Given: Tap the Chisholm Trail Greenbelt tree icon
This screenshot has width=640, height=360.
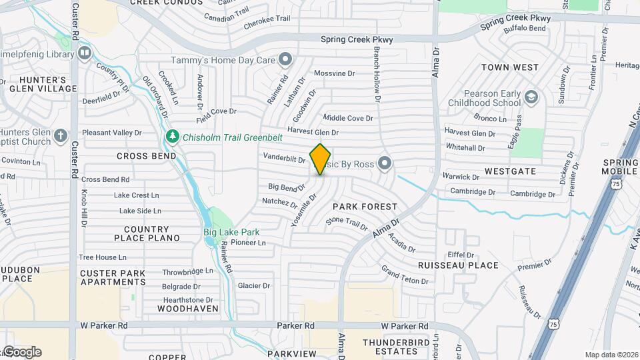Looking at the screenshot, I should (173, 137).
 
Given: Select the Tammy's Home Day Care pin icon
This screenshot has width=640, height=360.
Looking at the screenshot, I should (286, 60).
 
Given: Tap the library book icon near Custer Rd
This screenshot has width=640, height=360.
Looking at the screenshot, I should (84, 52).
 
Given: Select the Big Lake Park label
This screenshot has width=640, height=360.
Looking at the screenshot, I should (231, 233).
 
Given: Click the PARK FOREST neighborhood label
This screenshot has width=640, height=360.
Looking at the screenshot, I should (365, 207).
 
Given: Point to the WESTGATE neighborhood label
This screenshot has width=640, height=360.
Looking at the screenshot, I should (510, 171).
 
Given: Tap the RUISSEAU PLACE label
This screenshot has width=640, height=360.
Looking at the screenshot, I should (458, 265).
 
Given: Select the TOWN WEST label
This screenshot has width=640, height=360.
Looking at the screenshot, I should (510, 67).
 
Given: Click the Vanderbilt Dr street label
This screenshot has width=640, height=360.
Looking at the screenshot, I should (284, 159).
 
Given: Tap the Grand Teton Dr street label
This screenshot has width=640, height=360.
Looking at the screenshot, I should (405, 275).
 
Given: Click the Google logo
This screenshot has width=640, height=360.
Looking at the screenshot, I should (22, 351).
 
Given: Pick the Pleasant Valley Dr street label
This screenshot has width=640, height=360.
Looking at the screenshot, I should (113, 133).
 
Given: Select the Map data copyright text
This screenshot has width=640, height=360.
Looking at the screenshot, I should (611, 355).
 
